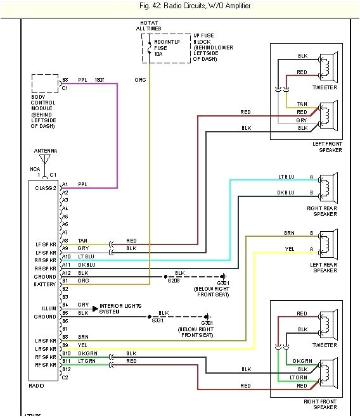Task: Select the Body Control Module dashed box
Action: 45,84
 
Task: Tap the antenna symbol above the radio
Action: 45,161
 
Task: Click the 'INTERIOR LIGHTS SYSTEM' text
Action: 122,308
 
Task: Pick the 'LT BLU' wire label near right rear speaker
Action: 286,176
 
